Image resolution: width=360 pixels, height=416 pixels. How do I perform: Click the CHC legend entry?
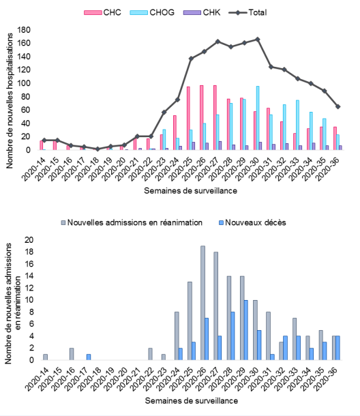click(102, 12)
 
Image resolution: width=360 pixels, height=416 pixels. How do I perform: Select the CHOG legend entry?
click(152, 12)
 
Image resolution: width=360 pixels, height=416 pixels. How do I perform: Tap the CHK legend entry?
click(202, 12)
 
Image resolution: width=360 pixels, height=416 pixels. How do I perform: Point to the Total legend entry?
click(247, 12)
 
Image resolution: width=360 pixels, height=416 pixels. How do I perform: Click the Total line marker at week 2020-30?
click(257, 40)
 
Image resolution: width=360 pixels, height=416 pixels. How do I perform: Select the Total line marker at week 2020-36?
click(337, 106)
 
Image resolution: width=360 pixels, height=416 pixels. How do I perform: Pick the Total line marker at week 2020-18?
click(97, 149)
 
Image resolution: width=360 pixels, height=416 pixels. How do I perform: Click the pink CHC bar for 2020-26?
click(202, 117)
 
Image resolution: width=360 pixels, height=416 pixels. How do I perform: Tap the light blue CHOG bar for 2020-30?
click(258, 118)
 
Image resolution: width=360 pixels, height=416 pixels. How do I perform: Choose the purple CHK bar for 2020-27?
click(220, 146)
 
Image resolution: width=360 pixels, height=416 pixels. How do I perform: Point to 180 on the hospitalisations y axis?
click(24, 30)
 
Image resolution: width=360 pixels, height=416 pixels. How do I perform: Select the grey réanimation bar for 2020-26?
click(202, 303)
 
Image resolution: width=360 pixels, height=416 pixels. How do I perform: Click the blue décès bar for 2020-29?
click(246, 330)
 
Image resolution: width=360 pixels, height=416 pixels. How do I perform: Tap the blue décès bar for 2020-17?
click(89, 357)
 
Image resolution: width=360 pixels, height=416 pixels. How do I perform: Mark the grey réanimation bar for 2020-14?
click(46, 357)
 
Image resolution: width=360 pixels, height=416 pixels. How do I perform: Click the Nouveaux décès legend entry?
click(252, 222)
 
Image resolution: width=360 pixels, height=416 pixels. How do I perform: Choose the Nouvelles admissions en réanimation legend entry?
click(132, 222)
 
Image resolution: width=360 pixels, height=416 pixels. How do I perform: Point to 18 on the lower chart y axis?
click(29, 252)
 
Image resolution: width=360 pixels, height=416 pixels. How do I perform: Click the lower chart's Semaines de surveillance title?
click(192, 400)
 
